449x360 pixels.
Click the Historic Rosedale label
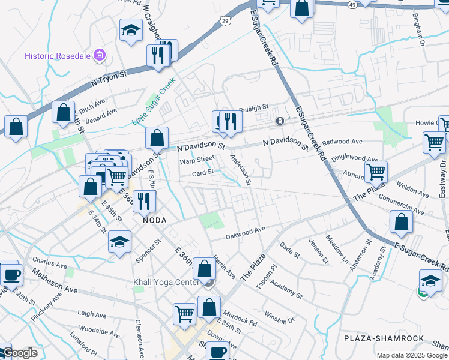tap(57, 56)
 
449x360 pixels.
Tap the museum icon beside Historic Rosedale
tap(100, 56)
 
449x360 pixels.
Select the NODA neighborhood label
tap(154, 220)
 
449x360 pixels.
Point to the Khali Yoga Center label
tap(166, 283)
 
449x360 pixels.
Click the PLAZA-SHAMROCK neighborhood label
tap(384, 338)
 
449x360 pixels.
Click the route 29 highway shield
tap(224, 21)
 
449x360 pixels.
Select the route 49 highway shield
tap(352, 4)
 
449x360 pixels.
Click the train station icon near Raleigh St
tap(279, 121)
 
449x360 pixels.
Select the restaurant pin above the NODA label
tap(143, 200)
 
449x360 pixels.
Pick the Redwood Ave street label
tap(342, 142)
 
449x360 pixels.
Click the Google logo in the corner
tap(19, 353)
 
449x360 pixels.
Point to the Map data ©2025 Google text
tap(411, 355)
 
